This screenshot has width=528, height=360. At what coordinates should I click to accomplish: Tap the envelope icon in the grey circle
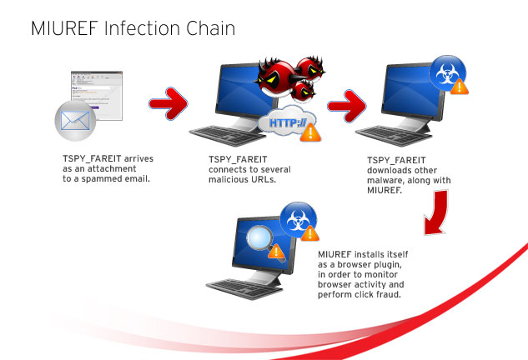coord(76,121)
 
